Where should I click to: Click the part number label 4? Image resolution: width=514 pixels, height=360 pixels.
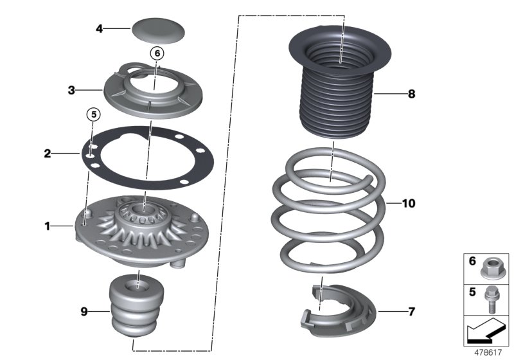[100, 28]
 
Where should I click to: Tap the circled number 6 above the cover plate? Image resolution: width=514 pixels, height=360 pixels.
[158, 53]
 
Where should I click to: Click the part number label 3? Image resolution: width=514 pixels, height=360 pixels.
[72, 91]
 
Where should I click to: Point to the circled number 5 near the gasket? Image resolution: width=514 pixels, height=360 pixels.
[93, 115]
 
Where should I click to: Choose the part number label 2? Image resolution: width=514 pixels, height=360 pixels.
[48, 154]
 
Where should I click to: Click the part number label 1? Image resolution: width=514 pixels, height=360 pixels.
[47, 226]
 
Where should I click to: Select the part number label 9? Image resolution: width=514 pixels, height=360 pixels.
[84, 312]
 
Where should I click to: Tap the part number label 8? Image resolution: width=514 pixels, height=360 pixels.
[411, 94]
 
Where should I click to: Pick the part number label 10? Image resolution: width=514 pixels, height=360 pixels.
[409, 204]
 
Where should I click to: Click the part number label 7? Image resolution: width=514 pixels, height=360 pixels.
[411, 312]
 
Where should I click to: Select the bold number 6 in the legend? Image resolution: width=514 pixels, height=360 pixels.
[472, 262]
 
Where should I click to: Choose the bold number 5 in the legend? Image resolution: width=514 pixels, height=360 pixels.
[472, 291]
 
